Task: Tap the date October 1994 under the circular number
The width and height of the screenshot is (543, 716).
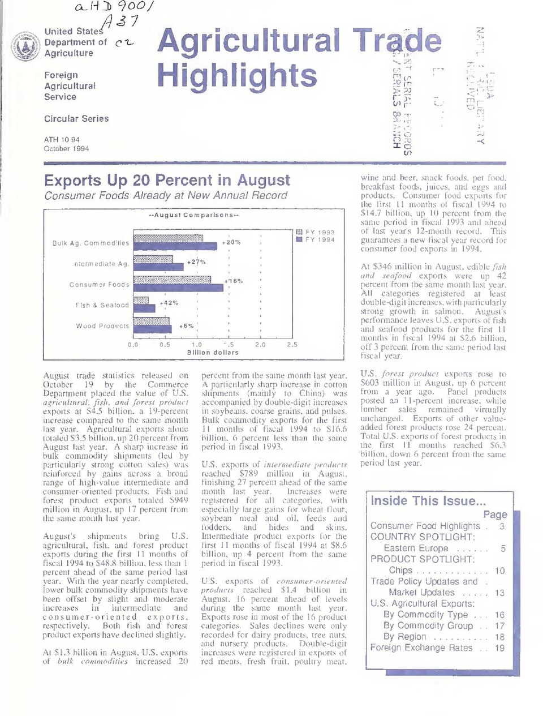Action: point(66,149)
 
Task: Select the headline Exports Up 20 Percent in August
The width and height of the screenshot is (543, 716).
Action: point(167,181)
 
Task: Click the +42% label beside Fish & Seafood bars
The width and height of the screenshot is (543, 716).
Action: point(169,303)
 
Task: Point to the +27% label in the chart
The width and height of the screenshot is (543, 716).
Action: point(196,262)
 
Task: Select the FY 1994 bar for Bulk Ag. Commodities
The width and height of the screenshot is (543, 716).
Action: point(175,246)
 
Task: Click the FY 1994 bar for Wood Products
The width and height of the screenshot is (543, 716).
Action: point(152,329)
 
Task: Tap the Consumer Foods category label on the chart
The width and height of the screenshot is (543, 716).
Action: point(99,285)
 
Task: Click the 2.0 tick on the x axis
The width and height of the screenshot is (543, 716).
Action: point(260,344)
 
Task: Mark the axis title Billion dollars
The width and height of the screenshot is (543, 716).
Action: point(213,352)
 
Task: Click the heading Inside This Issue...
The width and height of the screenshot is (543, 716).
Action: point(428,501)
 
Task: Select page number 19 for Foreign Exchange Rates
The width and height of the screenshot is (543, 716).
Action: point(499,648)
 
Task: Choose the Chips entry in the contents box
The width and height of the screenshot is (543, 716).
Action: point(400,571)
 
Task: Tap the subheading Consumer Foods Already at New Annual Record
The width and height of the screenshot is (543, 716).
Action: point(166,196)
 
